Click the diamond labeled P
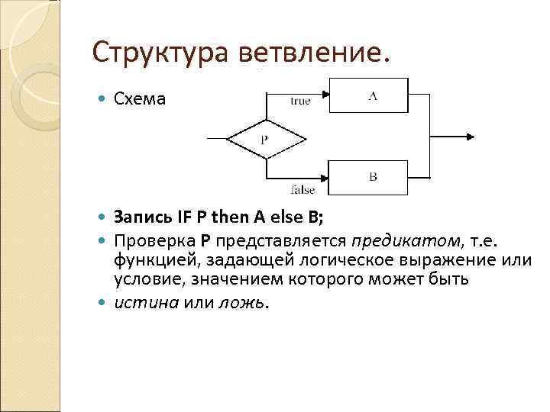(264, 140)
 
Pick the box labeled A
(372, 95)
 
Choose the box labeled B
(372, 176)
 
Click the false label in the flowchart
(303, 189)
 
